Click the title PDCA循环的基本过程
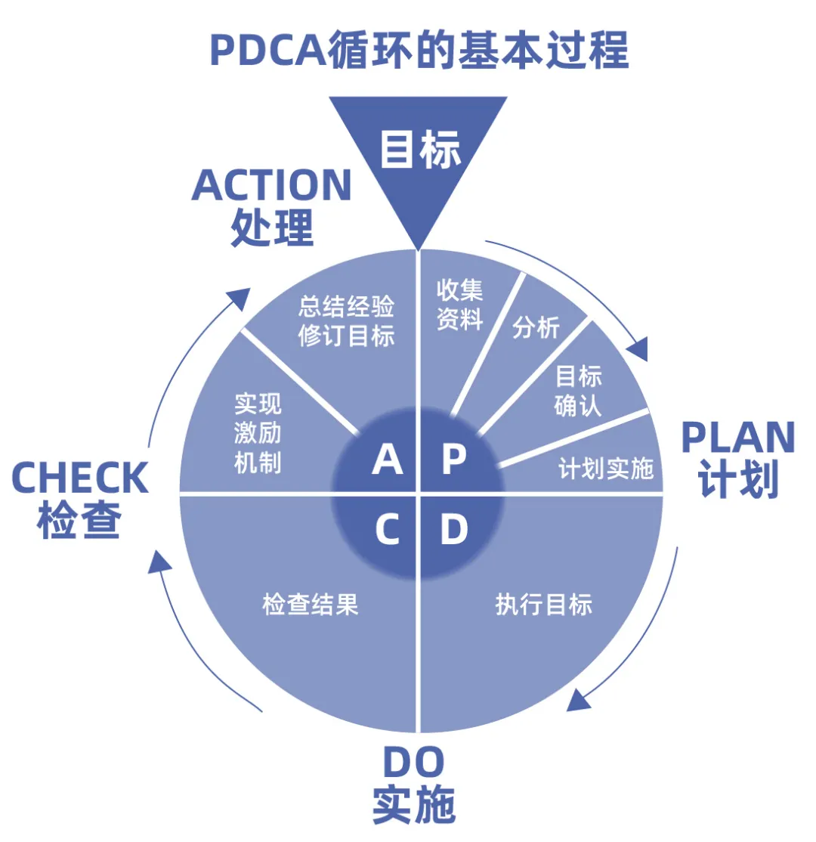(419, 51)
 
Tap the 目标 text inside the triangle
(419, 149)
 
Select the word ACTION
(272, 185)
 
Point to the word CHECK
(80, 478)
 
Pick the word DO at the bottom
(413, 763)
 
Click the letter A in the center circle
(387, 460)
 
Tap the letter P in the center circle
(453, 460)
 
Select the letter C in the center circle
(387, 531)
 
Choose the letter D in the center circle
(453, 531)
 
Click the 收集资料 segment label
(459, 305)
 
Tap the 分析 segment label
(536, 328)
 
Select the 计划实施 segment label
(606, 469)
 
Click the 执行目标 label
(544, 605)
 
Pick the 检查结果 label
(310, 605)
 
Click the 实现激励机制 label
(258, 433)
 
